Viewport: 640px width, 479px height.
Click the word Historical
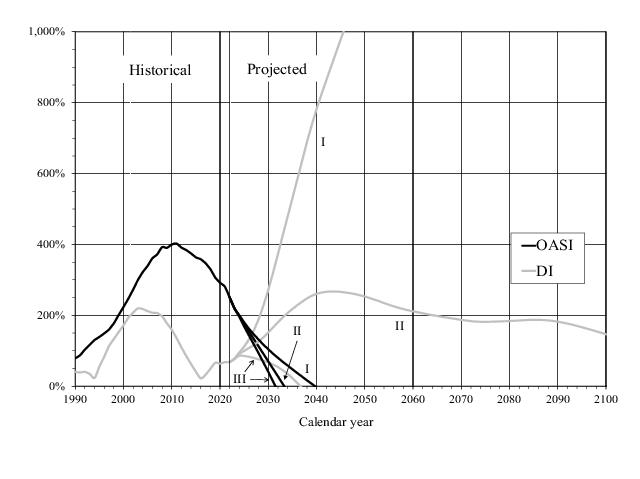pyautogui.click(x=160, y=70)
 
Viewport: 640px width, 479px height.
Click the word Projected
pyautogui.click(x=276, y=69)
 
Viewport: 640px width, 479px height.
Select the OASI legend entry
pyautogui.click(x=553, y=243)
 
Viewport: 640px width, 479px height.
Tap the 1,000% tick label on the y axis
pyautogui.click(x=47, y=32)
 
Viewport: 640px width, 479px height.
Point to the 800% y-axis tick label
pyautogui.click(x=52, y=103)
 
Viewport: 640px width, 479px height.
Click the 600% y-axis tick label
pyautogui.click(x=52, y=174)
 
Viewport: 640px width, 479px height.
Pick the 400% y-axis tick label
pyautogui.click(x=52, y=245)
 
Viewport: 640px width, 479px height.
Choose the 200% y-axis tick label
pyautogui.click(x=52, y=316)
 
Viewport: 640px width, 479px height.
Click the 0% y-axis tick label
pyautogui.click(x=57, y=387)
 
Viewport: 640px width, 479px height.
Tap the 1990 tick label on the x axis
pyautogui.click(x=76, y=399)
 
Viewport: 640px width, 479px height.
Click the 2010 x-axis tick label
pyautogui.click(x=172, y=399)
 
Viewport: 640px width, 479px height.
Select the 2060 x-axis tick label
pyautogui.click(x=413, y=399)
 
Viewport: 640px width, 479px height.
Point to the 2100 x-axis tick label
pyautogui.click(x=605, y=399)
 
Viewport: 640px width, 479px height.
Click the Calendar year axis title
pyautogui.click(x=337, y=421)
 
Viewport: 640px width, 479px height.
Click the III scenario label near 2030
pyautogui.click(x=239, y=379)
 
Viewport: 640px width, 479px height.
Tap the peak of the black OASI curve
pyautogui.click(x=175, y=243)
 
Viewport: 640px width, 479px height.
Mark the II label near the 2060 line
pyautogui.click(x=399, y=326)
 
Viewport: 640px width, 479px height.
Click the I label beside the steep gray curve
pyautogui.click(x=323, y=143)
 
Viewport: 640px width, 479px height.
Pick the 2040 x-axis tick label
pyautogui.click(x=317, y=399)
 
